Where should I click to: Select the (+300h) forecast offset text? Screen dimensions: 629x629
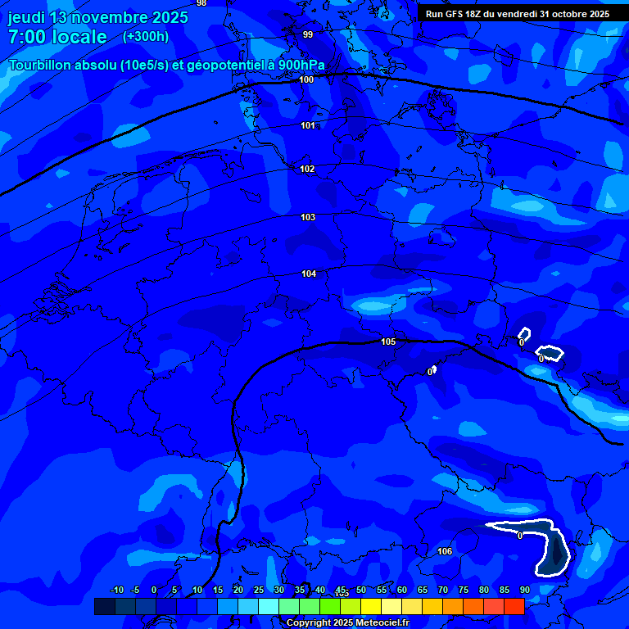[146, 37]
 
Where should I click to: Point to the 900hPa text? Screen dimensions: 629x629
[297, 66]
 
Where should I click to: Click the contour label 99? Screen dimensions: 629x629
[308, 34]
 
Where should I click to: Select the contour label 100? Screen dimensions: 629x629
[307, 80]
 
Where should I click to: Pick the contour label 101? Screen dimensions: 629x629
[308, 125]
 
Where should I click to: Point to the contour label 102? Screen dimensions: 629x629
[307, 169]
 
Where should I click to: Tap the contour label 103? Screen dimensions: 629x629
[308, 218]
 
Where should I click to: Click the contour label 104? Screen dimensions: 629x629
[309, 274]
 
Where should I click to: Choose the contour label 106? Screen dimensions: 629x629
[445, 551]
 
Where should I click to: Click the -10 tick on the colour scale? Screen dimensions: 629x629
[117, 590]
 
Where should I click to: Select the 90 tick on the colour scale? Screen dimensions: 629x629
[524, 590]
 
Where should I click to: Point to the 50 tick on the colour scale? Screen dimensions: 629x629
[360, 590]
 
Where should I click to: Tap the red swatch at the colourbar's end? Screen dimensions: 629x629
[514, 606]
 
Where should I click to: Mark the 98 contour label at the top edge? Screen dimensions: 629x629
[201, 3]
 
